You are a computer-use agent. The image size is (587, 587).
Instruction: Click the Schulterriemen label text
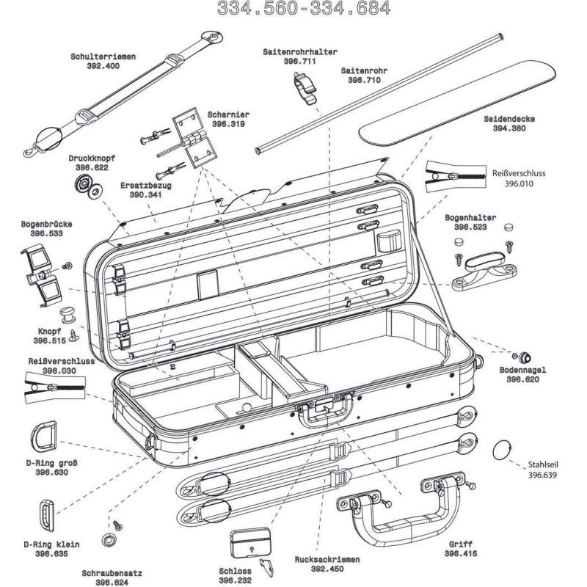click(101, 56)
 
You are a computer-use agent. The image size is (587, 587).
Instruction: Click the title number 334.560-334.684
click(304, 9)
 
